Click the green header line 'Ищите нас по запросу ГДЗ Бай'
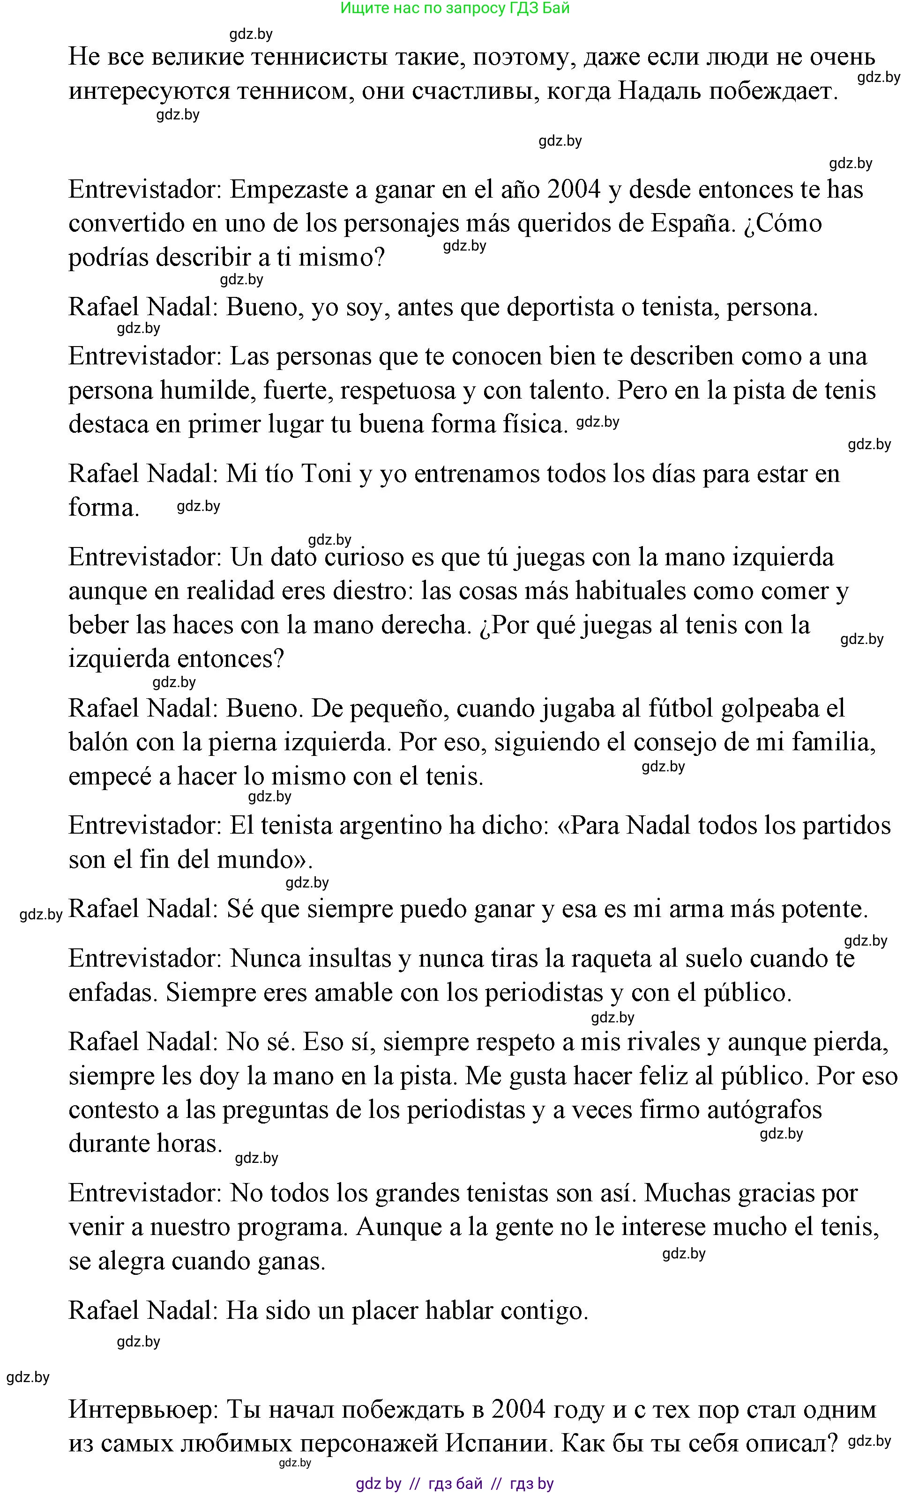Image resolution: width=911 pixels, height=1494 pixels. [455, 8]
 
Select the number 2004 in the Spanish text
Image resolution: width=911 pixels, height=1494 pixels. [573, 190]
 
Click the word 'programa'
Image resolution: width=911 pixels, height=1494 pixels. [292, 1227]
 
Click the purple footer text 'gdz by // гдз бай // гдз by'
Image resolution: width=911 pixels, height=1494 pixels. [455, 1484]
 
